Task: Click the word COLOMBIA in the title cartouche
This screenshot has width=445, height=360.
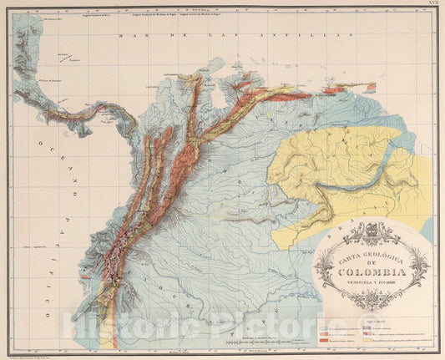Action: pyautogui.click(x=374, y=271)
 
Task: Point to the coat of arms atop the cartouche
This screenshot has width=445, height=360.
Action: pyautogui.click(x=373, y=227)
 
